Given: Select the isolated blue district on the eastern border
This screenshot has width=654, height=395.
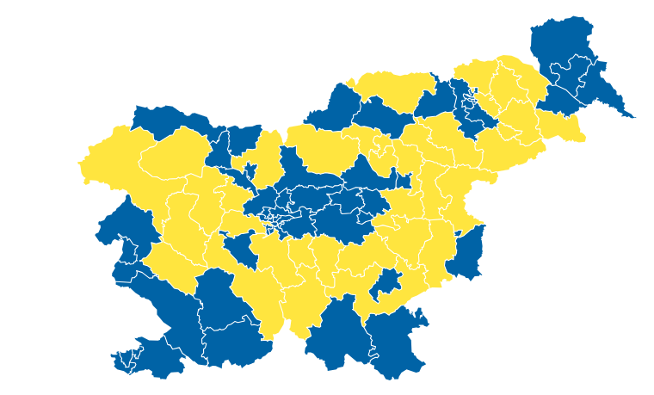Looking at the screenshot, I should (x=467, y=254).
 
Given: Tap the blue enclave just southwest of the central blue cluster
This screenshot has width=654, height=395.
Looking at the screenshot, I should (x=239, y=249).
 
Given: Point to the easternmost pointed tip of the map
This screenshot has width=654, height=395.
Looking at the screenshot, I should (x=635, y=117).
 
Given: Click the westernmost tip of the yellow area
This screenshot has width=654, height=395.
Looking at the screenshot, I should (x=78, y=161).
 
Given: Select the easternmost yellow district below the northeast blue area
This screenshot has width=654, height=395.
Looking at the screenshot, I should (x=564, y=127).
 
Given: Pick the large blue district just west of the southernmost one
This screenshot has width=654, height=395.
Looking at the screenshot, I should (x=336, y=336).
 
